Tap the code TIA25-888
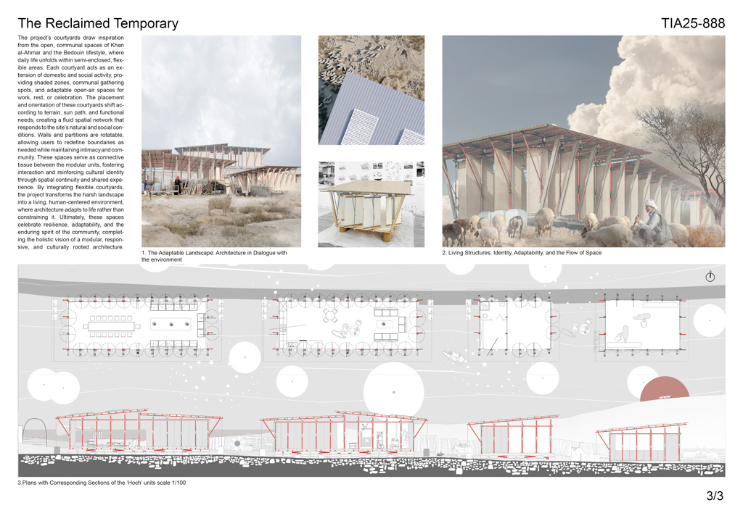click(693, 23)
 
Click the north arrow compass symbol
click(710, 277)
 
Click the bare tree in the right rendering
click(689, 138)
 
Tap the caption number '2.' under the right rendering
click(444, 253)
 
